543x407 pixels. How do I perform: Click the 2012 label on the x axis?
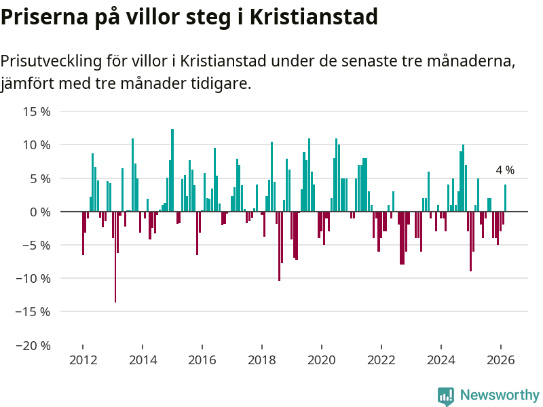83,361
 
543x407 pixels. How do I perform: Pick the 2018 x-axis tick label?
262,361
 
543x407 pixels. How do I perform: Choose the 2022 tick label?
381,361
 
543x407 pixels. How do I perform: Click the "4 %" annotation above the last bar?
505,170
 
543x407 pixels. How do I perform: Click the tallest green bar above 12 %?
172,170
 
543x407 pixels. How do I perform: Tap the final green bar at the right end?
505,198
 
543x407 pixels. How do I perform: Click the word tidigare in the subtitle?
220,84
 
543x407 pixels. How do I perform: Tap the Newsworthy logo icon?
446,396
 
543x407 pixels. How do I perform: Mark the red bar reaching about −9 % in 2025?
470,241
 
